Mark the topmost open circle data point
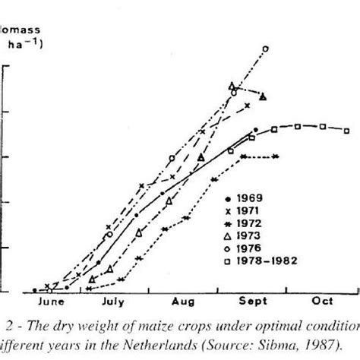click(x=265, y=49)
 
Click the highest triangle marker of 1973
click(x=232, y=86)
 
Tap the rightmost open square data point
click(x=346, y=130)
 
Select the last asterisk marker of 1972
click(x=274, y=156)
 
